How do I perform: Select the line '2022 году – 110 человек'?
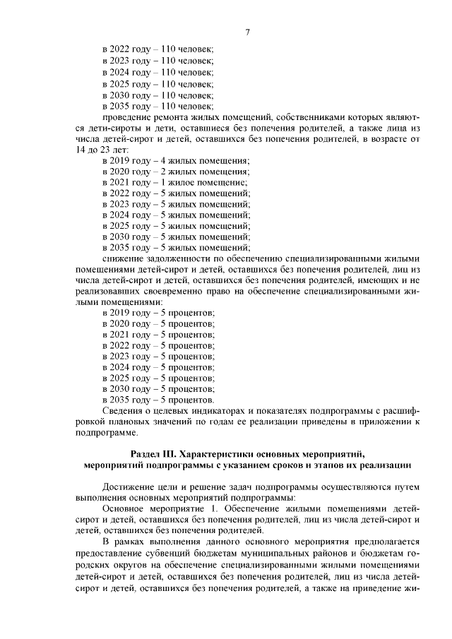pos(157,49)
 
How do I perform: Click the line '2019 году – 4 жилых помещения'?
pos(175,161)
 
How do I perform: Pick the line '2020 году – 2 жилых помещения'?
pos(175,172)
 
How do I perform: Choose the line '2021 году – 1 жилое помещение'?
pos(174,184)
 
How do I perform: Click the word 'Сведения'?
pos(124,410)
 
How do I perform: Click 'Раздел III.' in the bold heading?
pos(154,453)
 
